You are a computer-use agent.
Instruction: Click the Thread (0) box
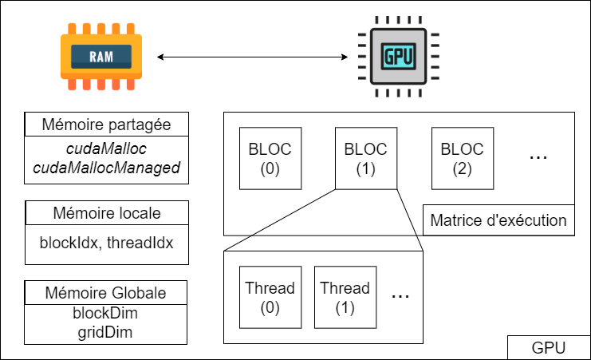point(270,298)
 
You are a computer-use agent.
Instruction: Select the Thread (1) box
point(345,298)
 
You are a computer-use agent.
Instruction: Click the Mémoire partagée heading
point(107,125)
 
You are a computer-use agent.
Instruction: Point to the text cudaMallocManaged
point(107,168)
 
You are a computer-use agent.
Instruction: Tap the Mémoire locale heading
point(107,213)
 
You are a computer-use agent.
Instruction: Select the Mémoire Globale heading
point(107,293)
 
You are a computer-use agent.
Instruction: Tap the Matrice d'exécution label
point(498,220)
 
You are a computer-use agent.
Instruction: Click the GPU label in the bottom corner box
point(549,348)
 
